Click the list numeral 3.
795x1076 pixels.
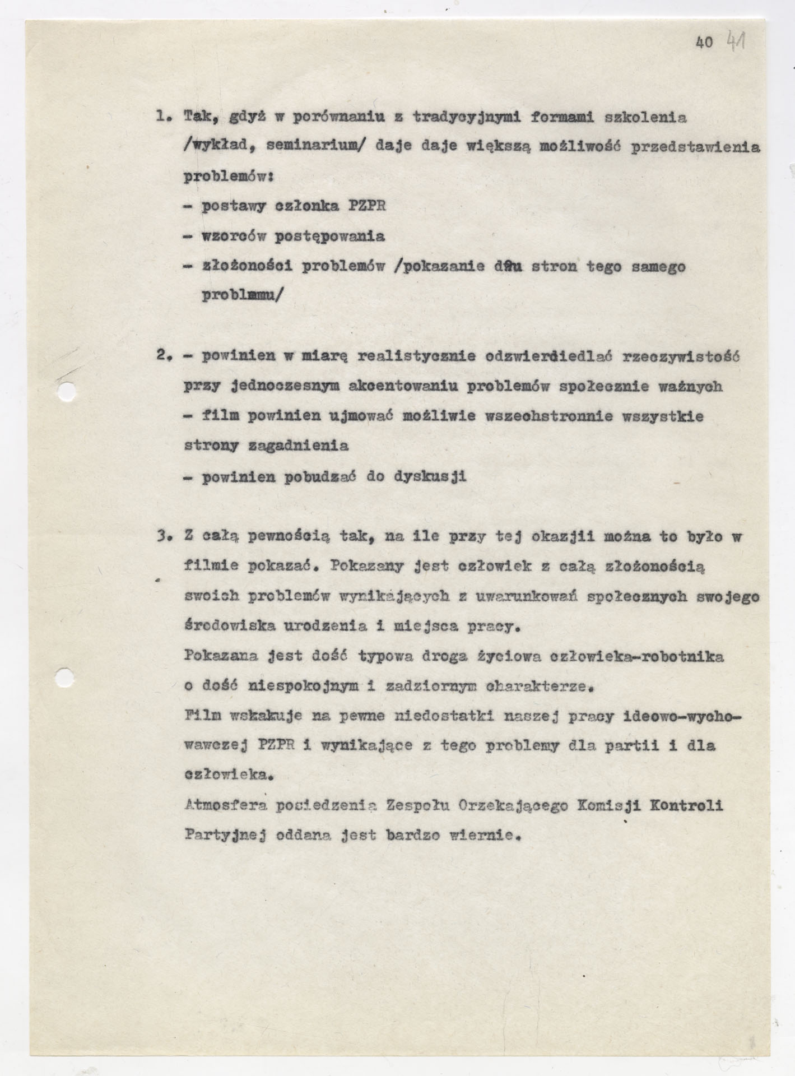pos(164,537)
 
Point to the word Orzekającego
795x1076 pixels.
pos(523,806)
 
